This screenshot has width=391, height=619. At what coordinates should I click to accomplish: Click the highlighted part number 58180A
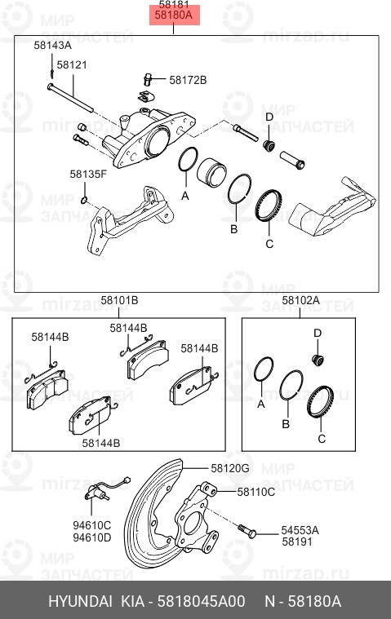coord(175,15)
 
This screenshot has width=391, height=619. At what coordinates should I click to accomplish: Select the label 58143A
coord(52,46)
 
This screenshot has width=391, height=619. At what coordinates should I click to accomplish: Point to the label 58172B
coord(188,80)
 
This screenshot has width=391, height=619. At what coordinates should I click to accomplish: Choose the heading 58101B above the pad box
coord(119,301)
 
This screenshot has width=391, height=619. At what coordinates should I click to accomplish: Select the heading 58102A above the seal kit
coord(300,301)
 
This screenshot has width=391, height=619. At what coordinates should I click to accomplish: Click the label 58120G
coord(230,468)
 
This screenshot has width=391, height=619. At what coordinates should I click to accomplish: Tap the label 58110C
coord(255,492)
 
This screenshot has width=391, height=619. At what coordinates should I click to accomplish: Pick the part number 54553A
coord(300,529)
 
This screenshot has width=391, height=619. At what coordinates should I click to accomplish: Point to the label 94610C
coord(93,526)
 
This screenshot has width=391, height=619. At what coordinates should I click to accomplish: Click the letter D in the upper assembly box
coord(269,117)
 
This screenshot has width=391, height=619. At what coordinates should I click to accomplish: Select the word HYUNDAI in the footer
coord(81,602)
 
